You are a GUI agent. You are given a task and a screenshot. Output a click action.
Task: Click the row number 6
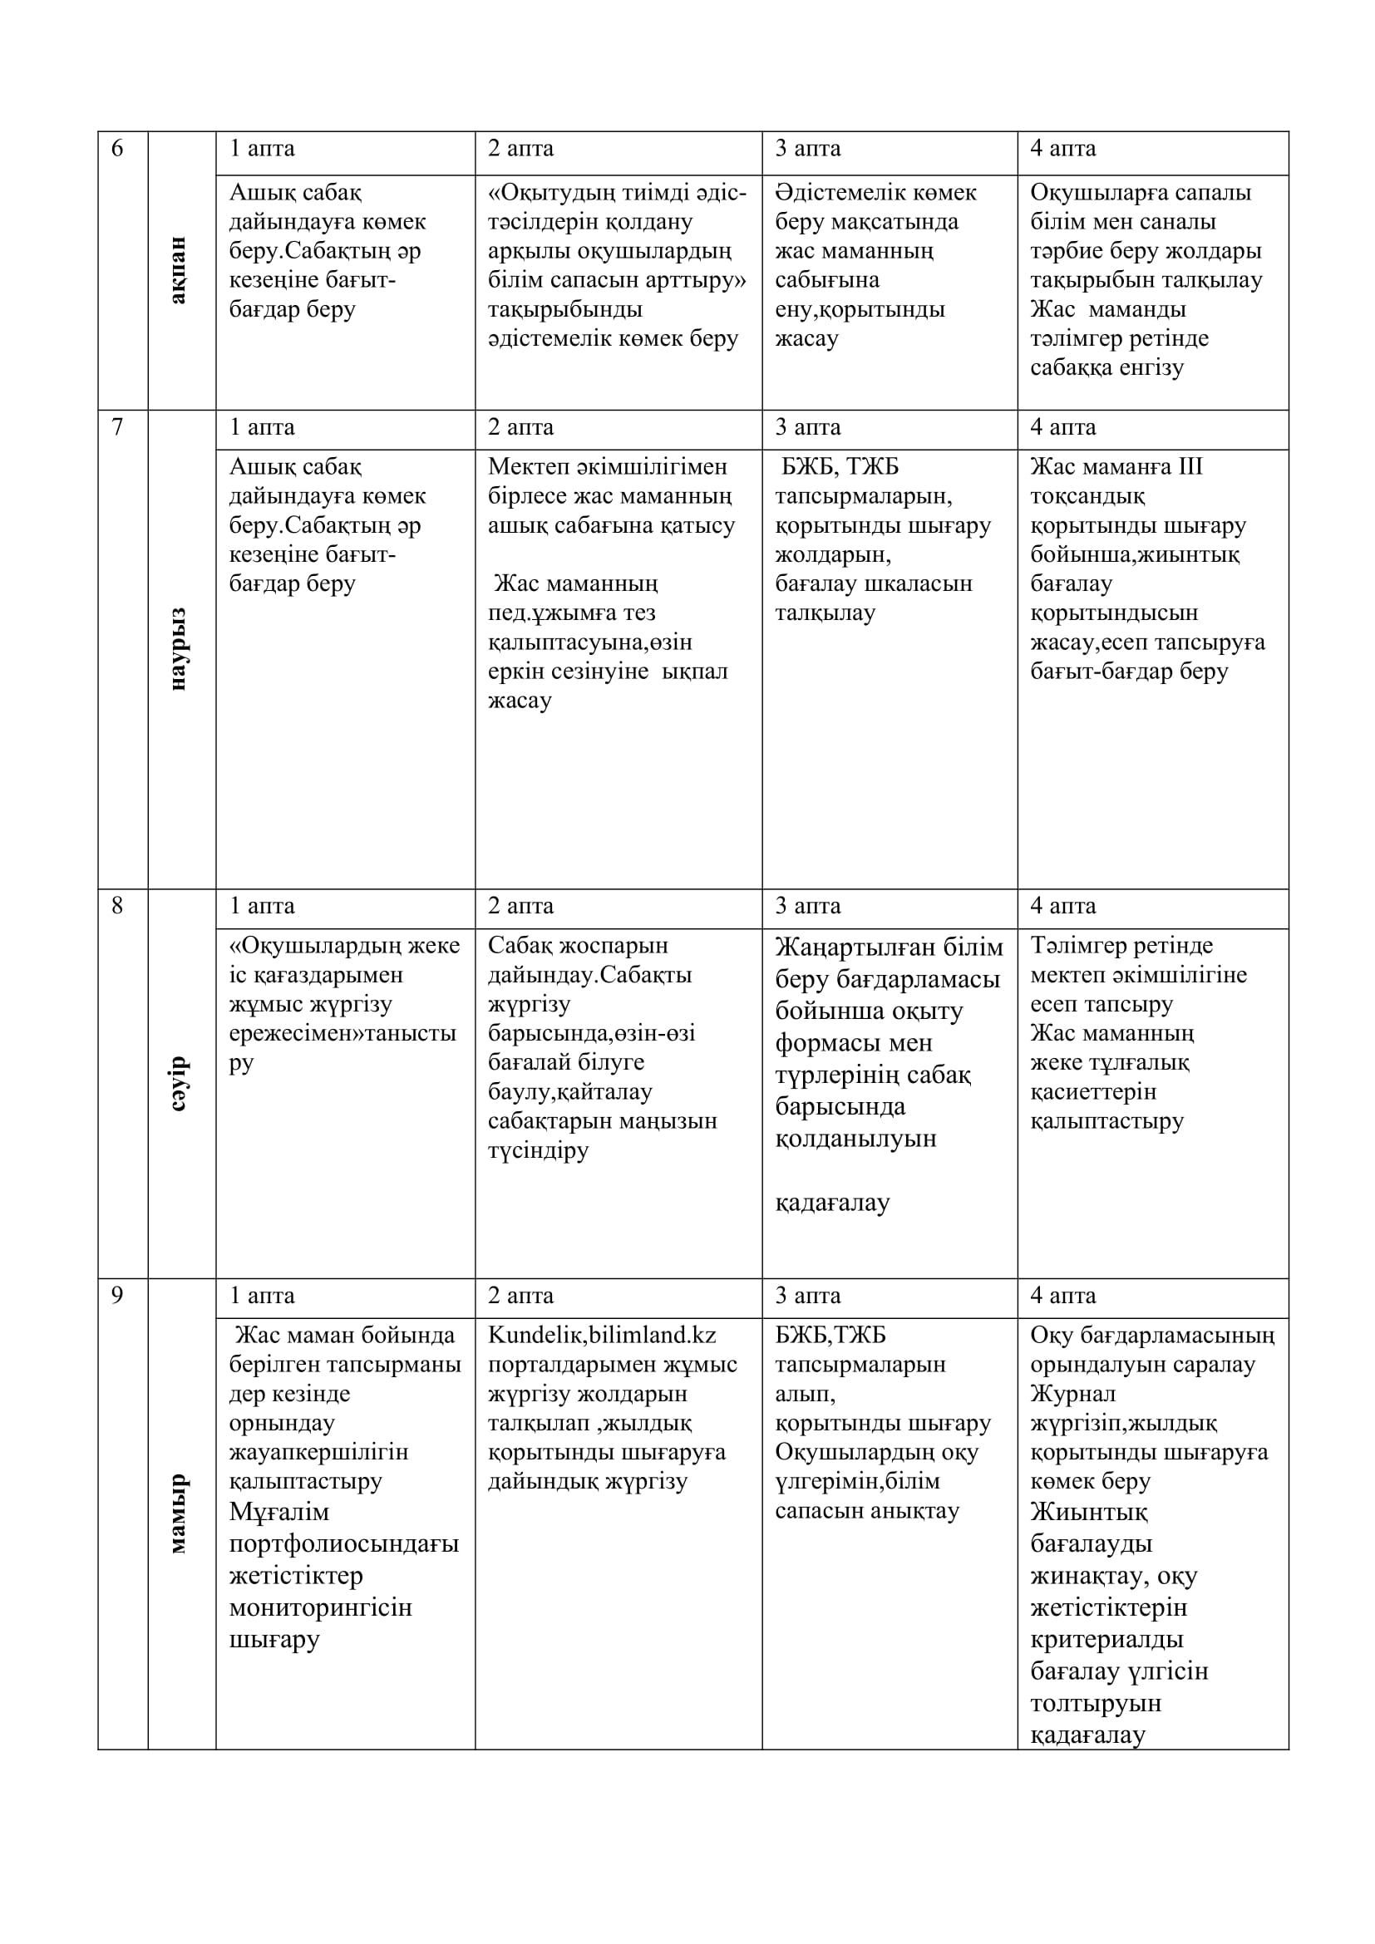point(118,149)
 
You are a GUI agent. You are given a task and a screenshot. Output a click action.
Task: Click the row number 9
point(118,1296)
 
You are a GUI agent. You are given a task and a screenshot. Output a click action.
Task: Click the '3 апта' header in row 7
point(808,427)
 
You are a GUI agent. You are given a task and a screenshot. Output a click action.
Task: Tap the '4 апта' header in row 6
point(1062,149)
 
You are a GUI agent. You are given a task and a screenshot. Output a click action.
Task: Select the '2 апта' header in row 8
point(520,906)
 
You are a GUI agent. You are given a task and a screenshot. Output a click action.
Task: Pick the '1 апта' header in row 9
point(262,1296)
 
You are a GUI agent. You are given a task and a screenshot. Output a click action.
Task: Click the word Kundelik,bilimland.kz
point(602,1336)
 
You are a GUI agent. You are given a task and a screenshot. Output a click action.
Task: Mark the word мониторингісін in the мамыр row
point(320,1607)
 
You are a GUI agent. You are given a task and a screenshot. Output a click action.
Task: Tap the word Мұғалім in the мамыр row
point(279,1511)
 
